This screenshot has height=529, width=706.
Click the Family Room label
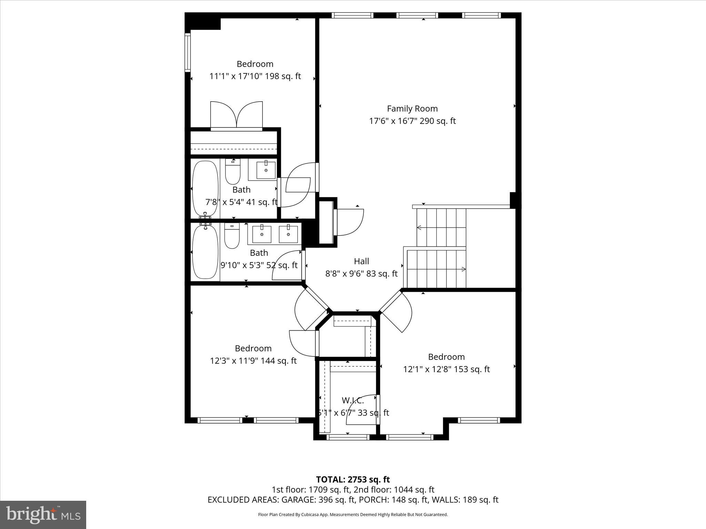point(412,109)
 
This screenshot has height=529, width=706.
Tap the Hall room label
point(361,261)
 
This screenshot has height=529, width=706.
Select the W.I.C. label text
point(353,401)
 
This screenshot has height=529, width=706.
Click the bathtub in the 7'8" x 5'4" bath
point(205,189)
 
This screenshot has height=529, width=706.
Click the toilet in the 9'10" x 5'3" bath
point(232,236)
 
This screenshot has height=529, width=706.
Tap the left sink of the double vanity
point(262,234)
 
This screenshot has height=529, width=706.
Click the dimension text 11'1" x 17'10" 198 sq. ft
point(255,76)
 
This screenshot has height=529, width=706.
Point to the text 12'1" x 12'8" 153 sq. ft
point(446,369)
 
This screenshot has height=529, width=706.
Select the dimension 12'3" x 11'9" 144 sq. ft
point(253,361)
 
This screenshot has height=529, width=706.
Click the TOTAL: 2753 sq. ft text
point(353,479)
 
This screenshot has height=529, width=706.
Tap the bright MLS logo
point(43,515)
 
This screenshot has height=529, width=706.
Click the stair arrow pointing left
point(419,227)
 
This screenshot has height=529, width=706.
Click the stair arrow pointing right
point(464,269)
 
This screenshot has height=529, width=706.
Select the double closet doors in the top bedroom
point(236,116)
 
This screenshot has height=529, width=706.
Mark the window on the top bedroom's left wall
point(188,52)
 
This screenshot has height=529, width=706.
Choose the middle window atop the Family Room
point(417,15)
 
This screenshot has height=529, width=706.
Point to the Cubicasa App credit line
point(353,515)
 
